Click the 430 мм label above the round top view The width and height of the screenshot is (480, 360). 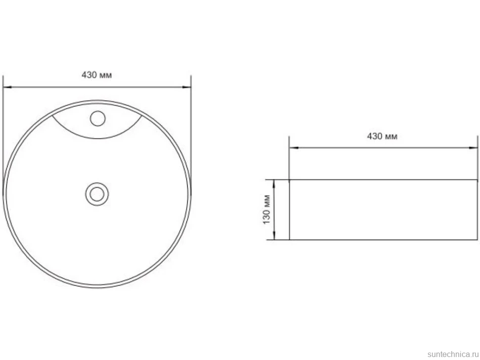point(96,75)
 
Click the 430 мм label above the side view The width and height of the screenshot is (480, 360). point(382,136)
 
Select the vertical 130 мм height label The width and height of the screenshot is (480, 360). point(267,209)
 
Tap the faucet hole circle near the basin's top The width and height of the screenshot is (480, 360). point(97,118)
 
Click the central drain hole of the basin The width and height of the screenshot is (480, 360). point(97,194)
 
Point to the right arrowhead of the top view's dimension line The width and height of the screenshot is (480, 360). point(187,87)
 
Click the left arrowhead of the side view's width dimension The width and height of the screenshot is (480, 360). point(293,148)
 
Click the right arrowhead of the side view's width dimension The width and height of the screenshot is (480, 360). point(473,148)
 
